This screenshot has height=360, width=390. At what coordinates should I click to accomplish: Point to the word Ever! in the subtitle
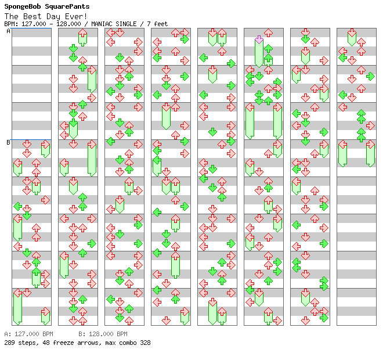coord(75,16)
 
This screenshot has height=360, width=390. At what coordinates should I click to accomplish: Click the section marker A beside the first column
coord(8,31)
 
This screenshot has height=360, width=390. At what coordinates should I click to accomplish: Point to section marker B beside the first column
coord(8,142)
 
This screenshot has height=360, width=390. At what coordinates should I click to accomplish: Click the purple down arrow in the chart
coord(259,39)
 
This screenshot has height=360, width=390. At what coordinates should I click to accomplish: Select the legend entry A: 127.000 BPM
coord(28,334)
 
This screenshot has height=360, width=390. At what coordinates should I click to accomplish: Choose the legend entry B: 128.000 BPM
coord(103,334)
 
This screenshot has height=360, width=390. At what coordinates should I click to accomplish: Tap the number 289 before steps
coord(10,343)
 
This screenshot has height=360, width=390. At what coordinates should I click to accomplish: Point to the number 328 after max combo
coord(145,343)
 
